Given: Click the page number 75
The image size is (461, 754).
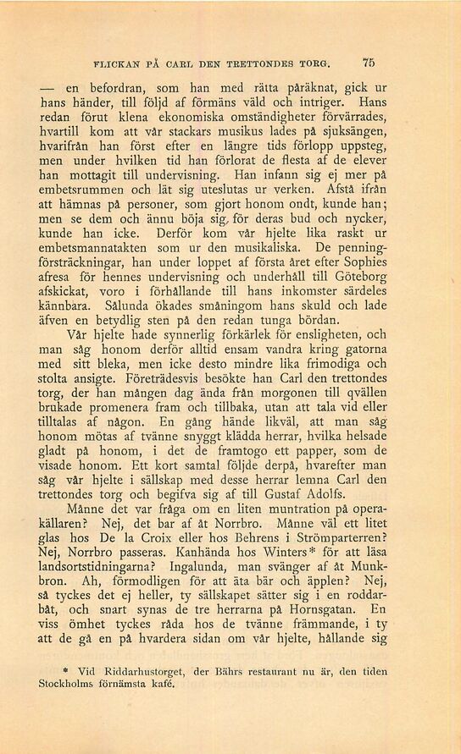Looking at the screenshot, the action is (368, 62).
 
